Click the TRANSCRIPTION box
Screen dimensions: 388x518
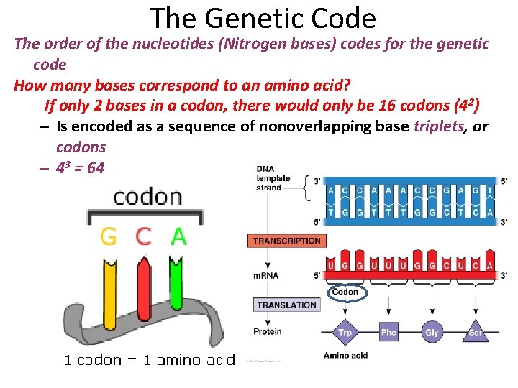[287, 241]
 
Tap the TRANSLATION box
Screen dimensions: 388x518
[286, 305]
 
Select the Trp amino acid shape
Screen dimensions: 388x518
[345, 332]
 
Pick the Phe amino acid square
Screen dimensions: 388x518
[388, 332]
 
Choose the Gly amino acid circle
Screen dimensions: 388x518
[432, 332]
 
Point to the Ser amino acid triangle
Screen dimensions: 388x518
[476, 333]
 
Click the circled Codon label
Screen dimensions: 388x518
[345, 292]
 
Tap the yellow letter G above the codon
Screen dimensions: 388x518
[109, 236]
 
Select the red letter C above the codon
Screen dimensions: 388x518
[144, 236]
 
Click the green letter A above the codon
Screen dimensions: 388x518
[178, 236]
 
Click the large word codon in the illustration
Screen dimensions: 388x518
[147, 196]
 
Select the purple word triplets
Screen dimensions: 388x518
[440, 127]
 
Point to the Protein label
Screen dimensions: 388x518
[267, 332]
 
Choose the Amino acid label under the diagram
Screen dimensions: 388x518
[346, 356]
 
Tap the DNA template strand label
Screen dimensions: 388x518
[273, 178]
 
